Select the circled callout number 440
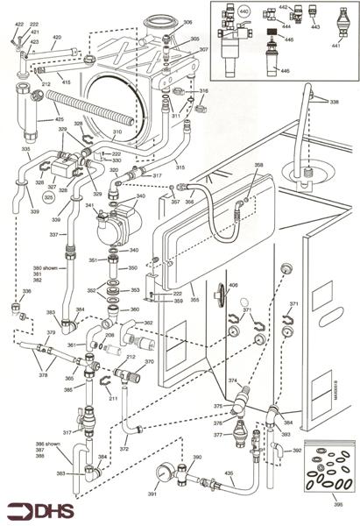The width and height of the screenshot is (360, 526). (244, 11)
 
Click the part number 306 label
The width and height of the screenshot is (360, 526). (187, 22)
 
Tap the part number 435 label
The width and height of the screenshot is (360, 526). (229, 473)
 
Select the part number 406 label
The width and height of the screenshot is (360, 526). (233, 286)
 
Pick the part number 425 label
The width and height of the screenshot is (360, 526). (35, 118)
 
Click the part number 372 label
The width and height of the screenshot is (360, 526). (124, 448)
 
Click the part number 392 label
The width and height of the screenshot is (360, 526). (297, 451)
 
